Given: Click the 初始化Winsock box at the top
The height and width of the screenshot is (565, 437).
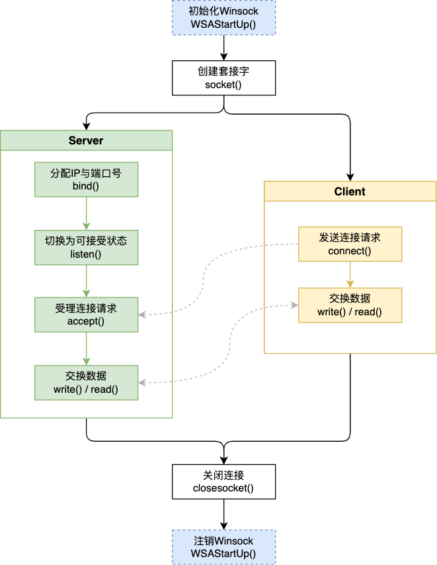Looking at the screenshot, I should [223, 17].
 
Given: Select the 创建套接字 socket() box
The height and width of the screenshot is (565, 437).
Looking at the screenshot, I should [223, 78].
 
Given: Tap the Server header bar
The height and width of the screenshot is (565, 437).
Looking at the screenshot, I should [86, 140].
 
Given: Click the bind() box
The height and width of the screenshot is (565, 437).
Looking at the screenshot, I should [86, 180].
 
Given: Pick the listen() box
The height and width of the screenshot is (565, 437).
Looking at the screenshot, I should [86, 247].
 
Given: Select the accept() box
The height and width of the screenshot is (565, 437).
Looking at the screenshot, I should [86, 315].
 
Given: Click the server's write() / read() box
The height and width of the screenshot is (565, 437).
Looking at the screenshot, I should [86, 382].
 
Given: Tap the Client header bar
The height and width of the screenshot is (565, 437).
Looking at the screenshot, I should [350, 191].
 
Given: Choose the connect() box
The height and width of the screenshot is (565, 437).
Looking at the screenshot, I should [350, 244].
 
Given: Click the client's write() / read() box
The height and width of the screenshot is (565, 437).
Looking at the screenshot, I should [350, 305].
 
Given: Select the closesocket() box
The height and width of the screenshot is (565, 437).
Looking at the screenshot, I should [223, 482].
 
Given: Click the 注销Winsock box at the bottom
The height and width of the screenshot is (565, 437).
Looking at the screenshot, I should [223, 546].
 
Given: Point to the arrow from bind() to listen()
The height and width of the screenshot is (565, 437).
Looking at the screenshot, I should [86, 213].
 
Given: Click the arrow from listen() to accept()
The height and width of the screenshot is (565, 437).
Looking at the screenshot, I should [86, 281].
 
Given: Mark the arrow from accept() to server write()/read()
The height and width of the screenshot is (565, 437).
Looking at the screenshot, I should [86, 348].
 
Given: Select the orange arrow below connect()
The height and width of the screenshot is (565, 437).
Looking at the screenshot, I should [350, 274].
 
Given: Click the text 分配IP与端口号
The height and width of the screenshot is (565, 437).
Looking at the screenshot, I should [86, 174].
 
